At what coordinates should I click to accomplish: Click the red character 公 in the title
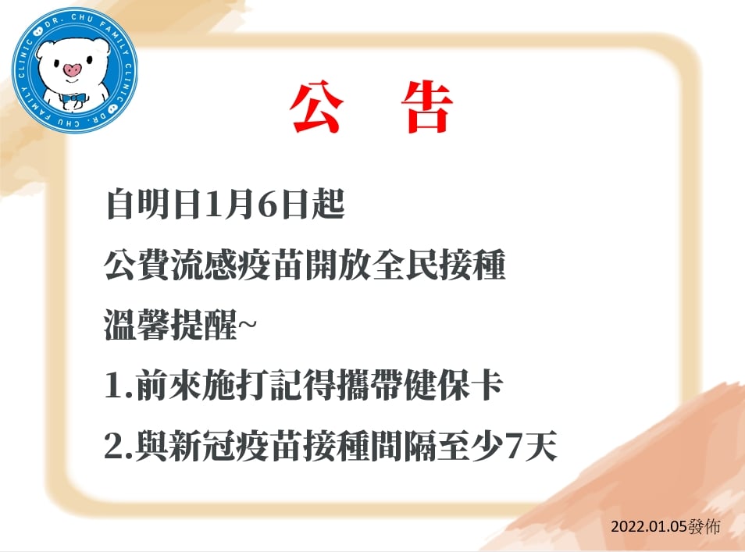(316, 108)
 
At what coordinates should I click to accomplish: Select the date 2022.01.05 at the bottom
(649, 527)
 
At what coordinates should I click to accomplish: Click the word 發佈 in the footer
(704, 527)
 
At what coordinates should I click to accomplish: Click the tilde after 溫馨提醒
(246, 325)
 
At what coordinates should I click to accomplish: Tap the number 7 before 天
(515, 446)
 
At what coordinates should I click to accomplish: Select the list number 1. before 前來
(119, 385)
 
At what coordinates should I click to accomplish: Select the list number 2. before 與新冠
(119, 446)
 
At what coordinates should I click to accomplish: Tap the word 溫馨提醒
(170, 325)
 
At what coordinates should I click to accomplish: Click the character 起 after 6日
(328, 205)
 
